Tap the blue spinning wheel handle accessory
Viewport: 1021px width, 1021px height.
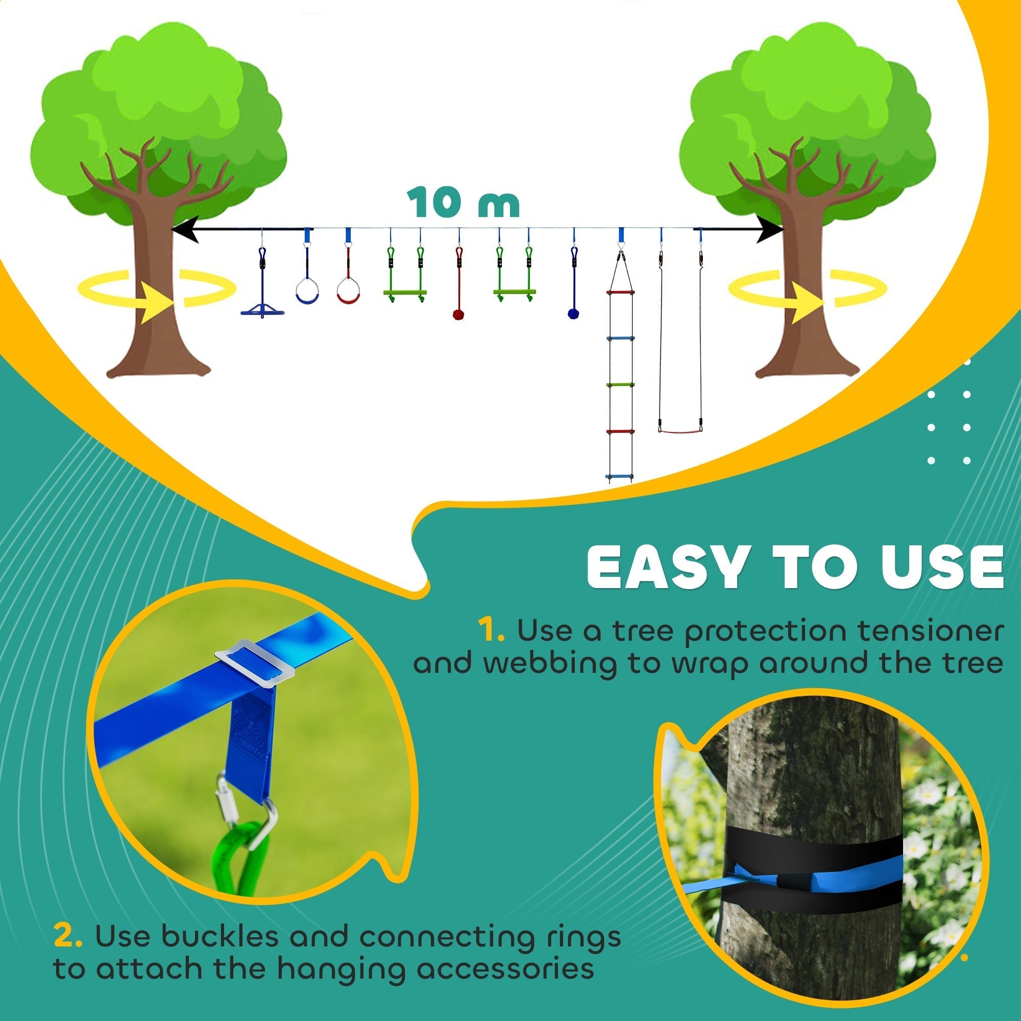pos(262,310)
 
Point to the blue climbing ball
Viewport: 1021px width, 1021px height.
pos(573,313)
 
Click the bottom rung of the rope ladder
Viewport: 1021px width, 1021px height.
pos(619,477)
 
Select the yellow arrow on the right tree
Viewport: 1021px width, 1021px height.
pos(806,304)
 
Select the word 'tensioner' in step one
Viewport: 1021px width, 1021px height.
pos(938,631)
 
